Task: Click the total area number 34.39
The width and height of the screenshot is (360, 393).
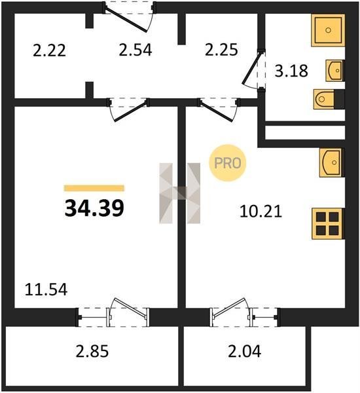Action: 94,208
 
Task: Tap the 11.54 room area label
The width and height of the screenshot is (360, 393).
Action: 46,290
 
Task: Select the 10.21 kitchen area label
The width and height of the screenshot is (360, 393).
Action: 261,211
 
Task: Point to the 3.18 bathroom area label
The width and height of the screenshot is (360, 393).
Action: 291,71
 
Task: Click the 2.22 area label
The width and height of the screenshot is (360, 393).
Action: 49,50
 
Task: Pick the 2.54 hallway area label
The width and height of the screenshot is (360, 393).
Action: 135,50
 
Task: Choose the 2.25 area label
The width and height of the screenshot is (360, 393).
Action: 221,50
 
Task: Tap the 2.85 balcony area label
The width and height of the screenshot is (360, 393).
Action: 92,351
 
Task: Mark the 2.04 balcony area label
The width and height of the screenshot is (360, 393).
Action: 245,351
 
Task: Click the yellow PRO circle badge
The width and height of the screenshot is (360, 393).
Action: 228,163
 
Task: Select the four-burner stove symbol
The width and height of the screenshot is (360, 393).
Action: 327,223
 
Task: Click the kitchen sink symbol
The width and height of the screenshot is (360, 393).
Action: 331,162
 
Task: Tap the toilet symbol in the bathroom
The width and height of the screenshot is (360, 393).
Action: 324,100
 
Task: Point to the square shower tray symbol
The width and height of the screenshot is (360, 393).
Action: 328,30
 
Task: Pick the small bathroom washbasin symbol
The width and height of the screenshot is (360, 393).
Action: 334,71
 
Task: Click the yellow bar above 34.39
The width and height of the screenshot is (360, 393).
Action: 94,188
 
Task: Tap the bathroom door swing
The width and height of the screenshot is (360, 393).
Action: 253,69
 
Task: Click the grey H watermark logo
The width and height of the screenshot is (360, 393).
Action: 180,193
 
